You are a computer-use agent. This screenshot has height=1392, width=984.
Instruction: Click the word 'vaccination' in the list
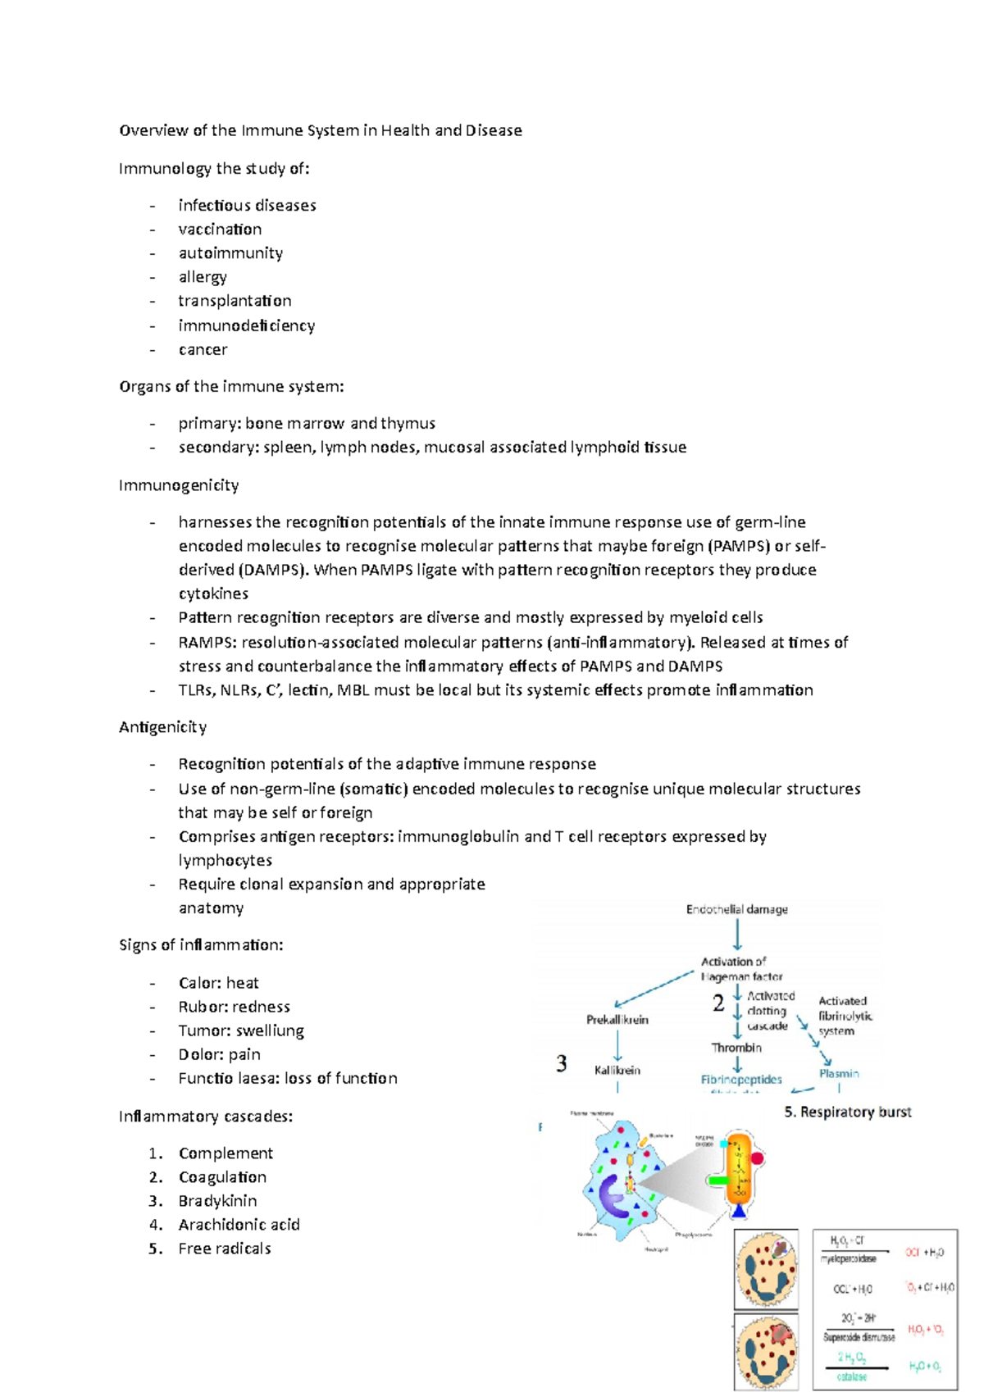(220, 230)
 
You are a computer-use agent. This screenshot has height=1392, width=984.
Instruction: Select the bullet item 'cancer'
(203, 349)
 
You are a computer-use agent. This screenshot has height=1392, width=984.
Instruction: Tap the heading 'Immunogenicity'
(179, 485)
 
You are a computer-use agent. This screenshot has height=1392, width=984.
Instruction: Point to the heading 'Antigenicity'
(162, 727)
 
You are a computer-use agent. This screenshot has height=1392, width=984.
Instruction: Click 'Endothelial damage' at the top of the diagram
(736, 909)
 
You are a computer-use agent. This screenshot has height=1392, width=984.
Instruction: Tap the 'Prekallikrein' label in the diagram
(617, 1020)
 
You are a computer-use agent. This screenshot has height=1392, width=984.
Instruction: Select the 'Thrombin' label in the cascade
(736, 1048)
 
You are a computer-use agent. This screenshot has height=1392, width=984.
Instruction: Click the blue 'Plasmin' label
(839, 1073)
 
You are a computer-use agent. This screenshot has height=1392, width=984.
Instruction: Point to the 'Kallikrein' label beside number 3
(617, 1070)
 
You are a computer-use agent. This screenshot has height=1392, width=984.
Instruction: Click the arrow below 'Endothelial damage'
(737, 935)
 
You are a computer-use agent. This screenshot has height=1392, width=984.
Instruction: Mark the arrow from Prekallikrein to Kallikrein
(617, 1045)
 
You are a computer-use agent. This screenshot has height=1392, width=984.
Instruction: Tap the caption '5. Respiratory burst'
(848, 1112)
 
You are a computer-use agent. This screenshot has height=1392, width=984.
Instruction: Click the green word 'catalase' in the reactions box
(851, 1376)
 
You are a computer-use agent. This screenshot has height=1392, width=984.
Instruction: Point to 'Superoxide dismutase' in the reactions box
(859, 1337)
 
